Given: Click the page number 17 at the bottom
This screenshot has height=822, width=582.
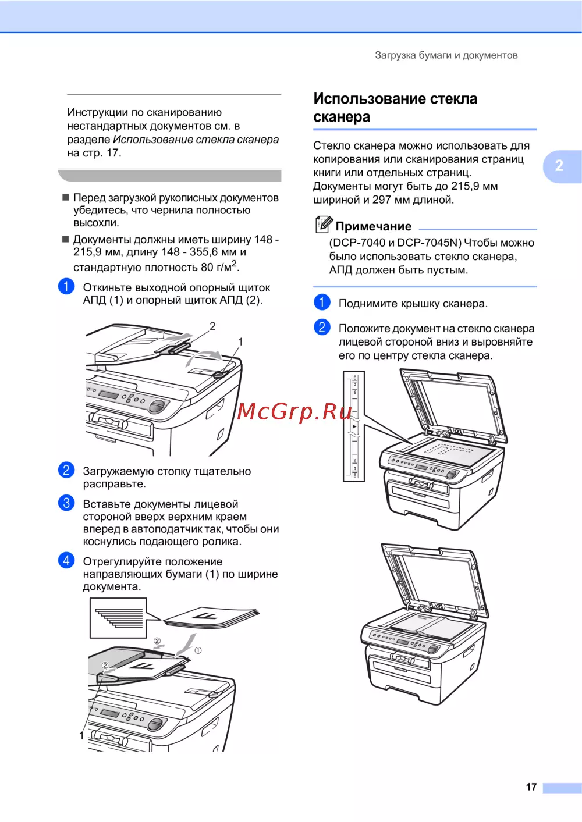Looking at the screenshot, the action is [531, 787].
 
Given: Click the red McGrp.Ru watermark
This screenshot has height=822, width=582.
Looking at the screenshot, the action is [294, 411].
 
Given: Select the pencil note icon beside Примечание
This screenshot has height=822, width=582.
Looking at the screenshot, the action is [324, 224].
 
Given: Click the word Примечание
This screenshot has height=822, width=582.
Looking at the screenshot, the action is [374, 226].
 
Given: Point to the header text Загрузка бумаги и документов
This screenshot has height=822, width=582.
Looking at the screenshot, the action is [446, 55].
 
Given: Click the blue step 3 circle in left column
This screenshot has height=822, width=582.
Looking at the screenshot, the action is [66, 503].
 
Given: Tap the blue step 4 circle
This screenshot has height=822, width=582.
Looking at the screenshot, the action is [66, 560].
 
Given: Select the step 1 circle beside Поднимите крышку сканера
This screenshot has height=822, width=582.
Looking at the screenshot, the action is [322, 302].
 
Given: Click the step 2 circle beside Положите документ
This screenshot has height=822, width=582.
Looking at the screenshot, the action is [322, 327].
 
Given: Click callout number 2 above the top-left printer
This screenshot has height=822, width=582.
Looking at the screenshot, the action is [212, 326].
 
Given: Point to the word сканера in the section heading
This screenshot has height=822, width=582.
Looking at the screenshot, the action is [342, 117].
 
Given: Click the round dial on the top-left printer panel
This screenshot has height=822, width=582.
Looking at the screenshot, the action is [157, 406].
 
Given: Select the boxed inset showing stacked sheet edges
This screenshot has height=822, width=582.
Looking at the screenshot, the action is [118, 618].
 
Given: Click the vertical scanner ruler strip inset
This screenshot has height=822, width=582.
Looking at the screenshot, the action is [354, 426].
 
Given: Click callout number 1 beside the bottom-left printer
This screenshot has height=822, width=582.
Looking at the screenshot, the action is [81, 735].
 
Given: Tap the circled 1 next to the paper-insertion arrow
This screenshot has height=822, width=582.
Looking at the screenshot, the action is [198, 650].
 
